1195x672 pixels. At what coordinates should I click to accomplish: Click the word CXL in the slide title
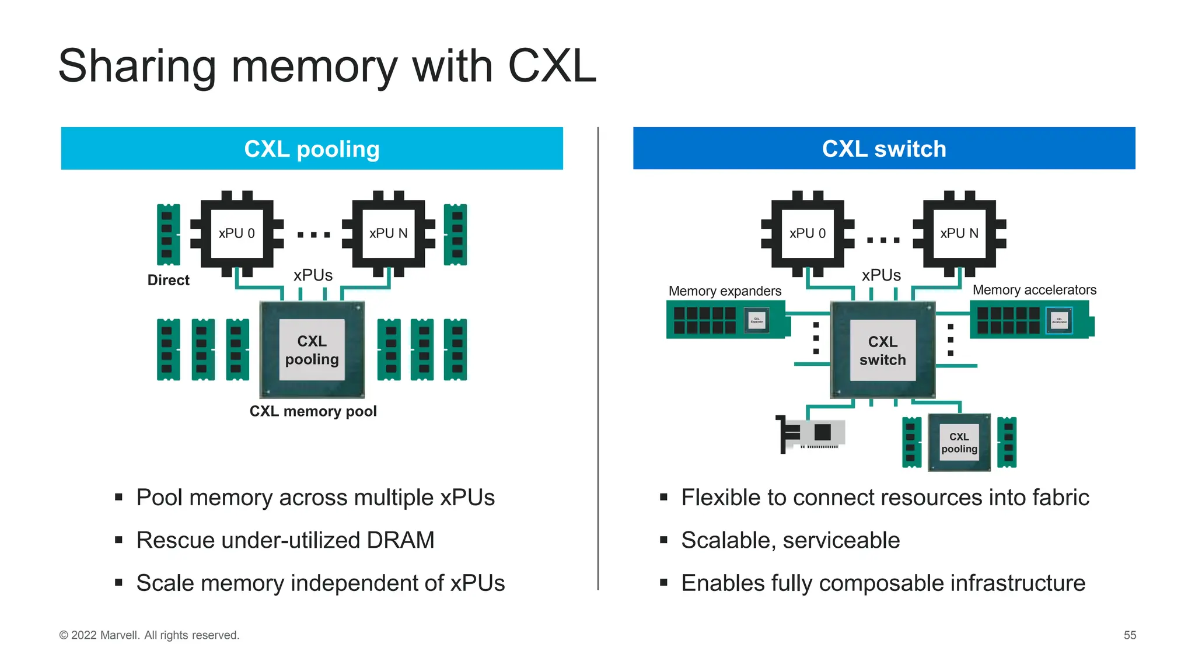552,66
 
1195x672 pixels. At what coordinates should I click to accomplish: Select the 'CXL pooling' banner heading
312,149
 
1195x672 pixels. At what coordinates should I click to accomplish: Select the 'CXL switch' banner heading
883,149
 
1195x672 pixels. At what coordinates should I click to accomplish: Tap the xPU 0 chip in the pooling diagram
236,233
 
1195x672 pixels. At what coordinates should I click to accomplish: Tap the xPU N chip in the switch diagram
959,233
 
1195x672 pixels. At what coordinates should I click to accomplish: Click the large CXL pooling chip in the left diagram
312,350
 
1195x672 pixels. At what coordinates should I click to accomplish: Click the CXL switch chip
882,350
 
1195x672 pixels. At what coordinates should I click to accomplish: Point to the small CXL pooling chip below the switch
959,443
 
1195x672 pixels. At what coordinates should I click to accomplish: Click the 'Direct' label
168,280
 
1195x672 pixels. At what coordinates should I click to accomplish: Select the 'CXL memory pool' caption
313,411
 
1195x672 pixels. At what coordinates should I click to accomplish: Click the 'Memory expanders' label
725,291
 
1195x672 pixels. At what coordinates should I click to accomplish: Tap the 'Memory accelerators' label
1034,290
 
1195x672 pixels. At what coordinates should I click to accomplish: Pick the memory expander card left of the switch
726,320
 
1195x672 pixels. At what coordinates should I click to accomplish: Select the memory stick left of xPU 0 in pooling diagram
168,235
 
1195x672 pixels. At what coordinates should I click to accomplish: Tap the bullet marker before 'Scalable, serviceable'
663,540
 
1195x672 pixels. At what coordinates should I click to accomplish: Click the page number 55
1130,635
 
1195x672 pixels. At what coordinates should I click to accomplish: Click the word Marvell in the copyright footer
120,635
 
